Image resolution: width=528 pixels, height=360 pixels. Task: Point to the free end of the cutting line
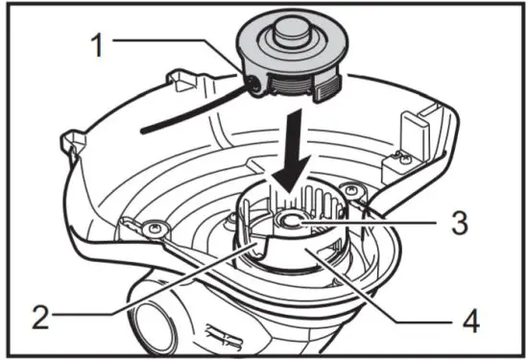(144, 125)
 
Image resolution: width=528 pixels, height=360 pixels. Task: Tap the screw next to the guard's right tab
(393, 154)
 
